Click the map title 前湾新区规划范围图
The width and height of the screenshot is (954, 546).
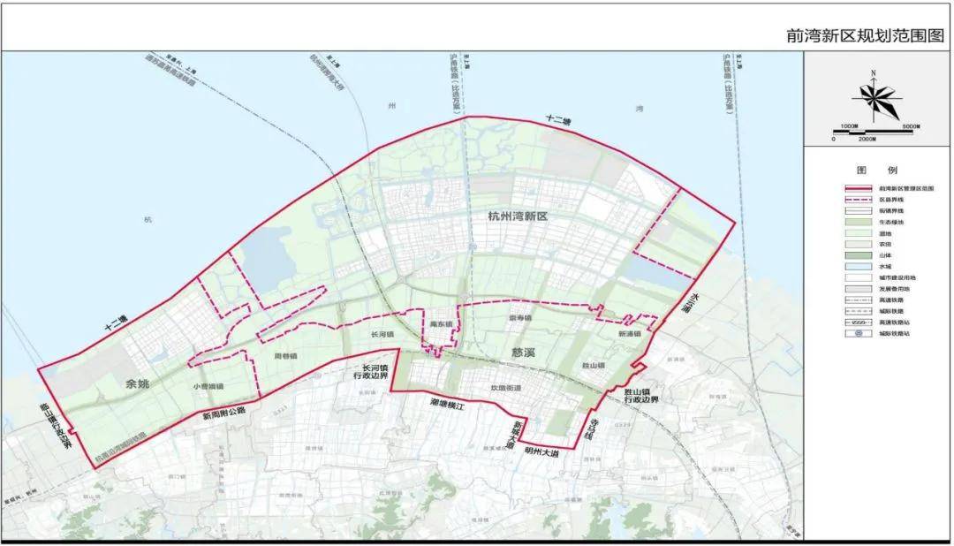pos(864,37)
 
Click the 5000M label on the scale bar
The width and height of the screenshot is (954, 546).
pos(912,126)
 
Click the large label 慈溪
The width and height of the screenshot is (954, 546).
pos(526,352)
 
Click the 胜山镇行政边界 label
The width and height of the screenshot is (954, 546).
pos(641,394)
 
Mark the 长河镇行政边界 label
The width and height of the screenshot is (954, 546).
pos(368,372)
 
